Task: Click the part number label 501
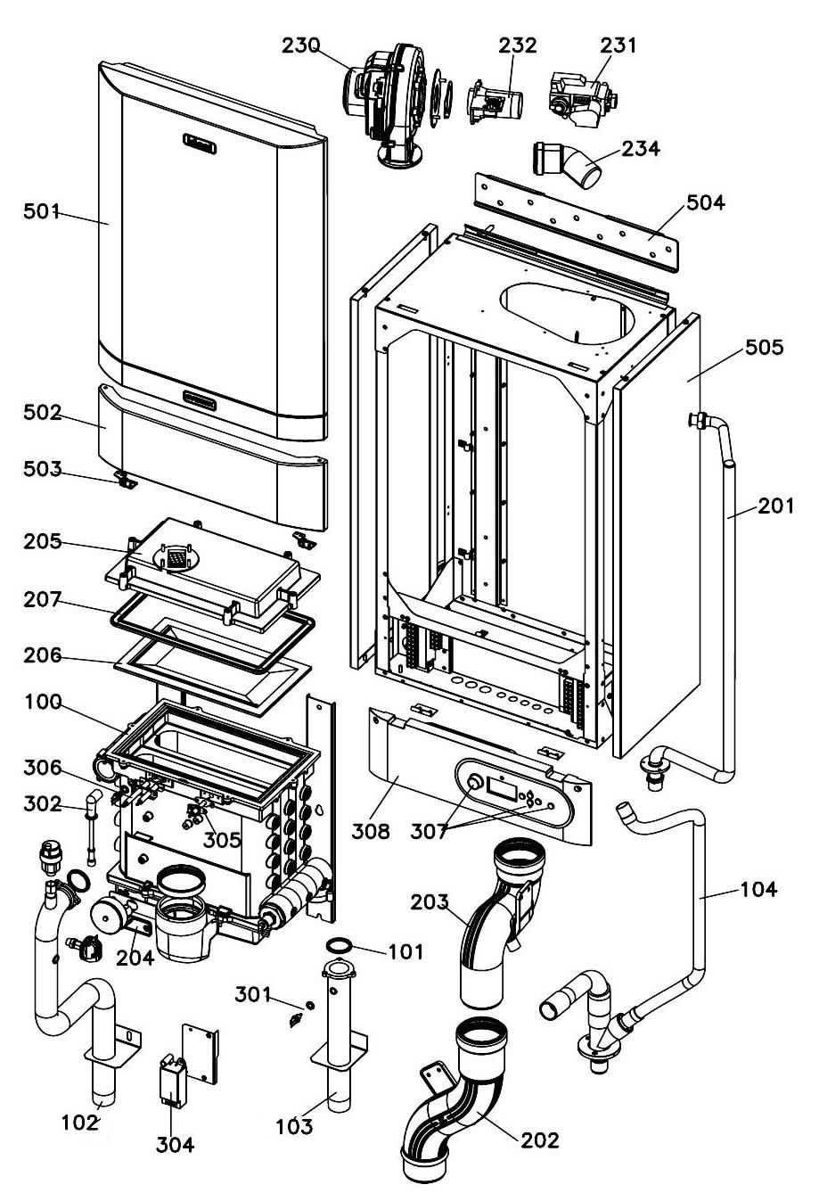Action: pyautogui.click(x=42, y=212)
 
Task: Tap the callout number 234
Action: pyautogui.click(x=640, y=149)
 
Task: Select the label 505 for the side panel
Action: pyautogui.click(x=764, y=348)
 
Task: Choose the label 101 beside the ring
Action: pyautogui.click(x=405, y=951)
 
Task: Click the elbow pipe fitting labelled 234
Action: pyautogui.click(x=568, y=165)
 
